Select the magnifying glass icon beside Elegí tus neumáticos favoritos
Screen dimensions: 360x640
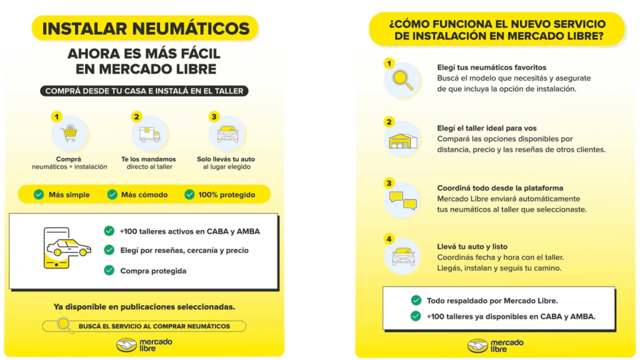402,80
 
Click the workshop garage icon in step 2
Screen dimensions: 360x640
402,141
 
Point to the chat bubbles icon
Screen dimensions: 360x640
402,200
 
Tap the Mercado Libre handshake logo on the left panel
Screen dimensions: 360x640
127,345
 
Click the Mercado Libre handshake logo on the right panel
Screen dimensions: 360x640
478,345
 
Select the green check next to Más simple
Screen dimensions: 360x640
39,194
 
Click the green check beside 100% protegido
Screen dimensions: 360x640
189,194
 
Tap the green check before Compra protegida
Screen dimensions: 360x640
109,270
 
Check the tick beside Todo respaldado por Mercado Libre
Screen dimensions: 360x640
416,301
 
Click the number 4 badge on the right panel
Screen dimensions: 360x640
389,239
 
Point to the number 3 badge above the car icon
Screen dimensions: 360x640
214,116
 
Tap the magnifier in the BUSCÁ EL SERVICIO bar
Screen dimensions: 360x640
64,326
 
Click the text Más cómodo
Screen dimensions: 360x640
144,194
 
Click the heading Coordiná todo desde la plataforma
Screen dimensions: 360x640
500,187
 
